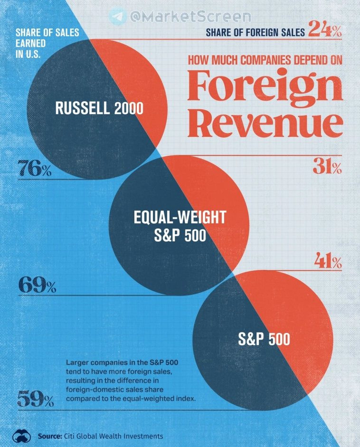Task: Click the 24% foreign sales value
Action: point(325,30)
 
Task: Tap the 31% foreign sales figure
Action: point(327,167)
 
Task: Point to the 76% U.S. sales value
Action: point(35,169)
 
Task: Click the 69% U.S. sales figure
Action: point(37,285)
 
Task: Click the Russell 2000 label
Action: point(99,108)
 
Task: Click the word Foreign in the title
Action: point(265,87)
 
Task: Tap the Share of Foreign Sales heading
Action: point(255,33)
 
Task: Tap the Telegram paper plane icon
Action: point(118,17)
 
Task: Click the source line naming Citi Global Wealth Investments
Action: point(100,436)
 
